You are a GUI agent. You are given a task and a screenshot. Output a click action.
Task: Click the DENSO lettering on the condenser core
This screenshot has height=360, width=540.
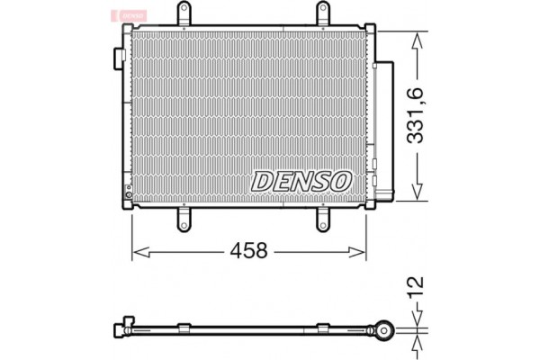point(301,182)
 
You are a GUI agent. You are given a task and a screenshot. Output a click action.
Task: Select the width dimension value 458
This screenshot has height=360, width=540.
point(249,251)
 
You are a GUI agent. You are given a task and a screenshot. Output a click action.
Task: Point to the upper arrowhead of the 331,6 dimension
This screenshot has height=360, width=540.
point(415,36)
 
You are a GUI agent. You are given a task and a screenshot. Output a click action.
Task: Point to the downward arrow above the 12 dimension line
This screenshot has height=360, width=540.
point(415,315)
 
